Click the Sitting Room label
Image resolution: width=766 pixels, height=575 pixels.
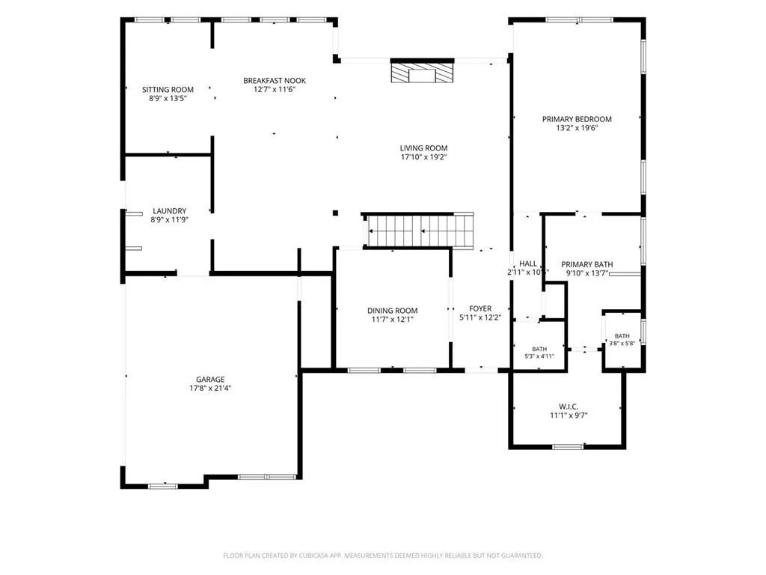coord(168,90)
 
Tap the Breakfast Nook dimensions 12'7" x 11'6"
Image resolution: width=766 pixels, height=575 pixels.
coord(274,90)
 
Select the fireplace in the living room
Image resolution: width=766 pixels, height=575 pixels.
coord(422,71)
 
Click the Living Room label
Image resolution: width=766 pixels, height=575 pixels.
coord(423,148)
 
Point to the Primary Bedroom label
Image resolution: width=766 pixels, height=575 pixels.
coord(577,119)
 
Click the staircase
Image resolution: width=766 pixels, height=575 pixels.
coord(418,231)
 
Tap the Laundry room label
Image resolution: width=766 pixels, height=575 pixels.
coord(170,211)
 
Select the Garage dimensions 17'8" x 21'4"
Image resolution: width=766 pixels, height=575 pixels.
coord(210,389)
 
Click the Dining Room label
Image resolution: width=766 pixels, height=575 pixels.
coord(392,311)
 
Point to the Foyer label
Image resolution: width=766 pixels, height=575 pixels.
coord(480,308)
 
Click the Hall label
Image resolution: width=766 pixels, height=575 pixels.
coord(528,264)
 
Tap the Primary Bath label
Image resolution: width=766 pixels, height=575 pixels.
coord(586,264)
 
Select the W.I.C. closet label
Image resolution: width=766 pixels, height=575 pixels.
coord(569,407)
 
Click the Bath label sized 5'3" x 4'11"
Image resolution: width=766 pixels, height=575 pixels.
coord(539,349)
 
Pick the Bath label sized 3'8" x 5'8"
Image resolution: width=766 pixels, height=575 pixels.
coord(622,336)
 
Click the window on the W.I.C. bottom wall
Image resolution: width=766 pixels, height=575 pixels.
coord(568,446)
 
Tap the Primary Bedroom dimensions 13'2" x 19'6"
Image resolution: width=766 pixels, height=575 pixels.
coord(577,128)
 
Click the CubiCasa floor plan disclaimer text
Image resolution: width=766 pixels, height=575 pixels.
coord(383,556)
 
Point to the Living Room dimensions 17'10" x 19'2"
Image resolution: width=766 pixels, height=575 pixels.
coord(423,157)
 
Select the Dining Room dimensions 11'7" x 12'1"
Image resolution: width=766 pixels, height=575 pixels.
coord(392,320)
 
